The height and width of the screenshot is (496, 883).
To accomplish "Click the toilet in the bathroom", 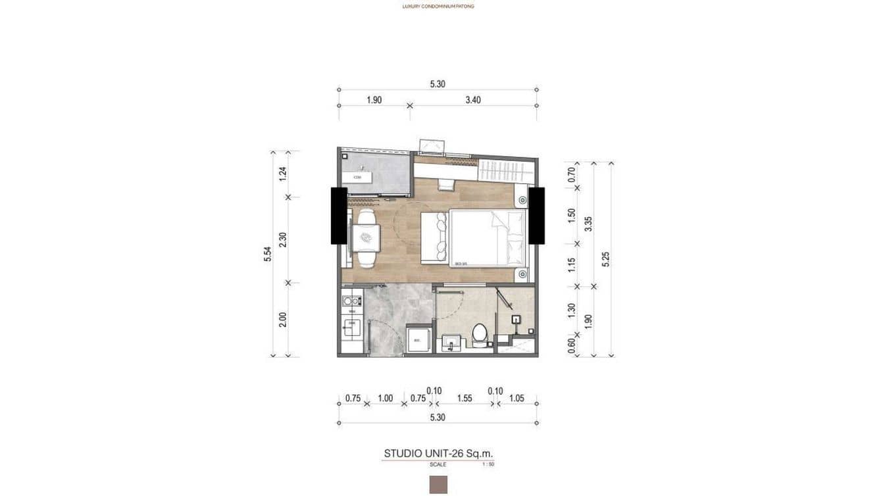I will coord(480,334).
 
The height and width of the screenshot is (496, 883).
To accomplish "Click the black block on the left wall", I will coord(339,216).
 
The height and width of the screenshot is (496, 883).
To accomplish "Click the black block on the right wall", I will coord(536,215).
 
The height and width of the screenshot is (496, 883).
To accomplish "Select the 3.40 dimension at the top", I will coord(472,101).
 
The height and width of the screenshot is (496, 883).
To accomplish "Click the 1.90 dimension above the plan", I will coord(374,101).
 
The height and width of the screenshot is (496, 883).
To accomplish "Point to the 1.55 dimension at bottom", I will coord(465,398).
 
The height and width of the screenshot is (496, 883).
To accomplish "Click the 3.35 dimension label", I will coord(590,224).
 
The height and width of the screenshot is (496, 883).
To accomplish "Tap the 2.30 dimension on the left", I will coord(283,240).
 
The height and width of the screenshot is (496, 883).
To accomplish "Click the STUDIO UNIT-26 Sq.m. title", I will coord(438,453).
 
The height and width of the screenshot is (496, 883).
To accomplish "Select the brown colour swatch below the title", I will coord(438,485).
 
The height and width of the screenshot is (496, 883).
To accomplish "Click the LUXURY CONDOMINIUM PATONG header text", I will coord(438,6).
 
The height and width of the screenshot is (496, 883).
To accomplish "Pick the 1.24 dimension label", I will coord(283,174).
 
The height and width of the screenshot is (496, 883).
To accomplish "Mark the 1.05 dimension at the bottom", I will coord(517,398).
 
